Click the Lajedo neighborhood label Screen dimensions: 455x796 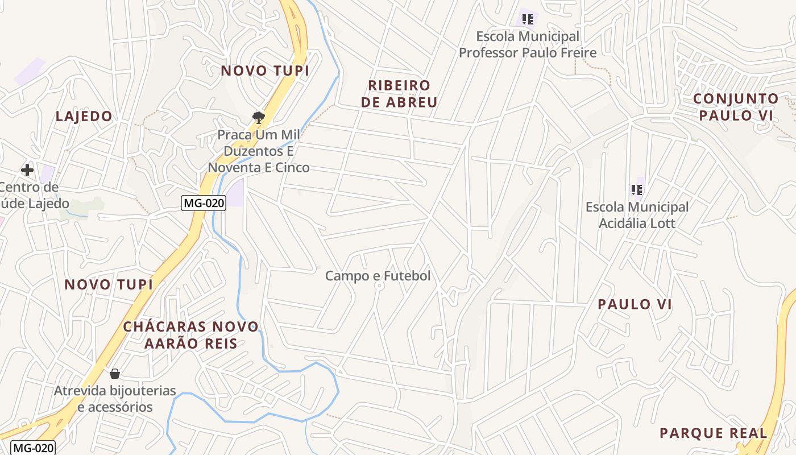84,116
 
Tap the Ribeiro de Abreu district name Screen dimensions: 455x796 403,94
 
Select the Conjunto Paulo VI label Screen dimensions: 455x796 736,107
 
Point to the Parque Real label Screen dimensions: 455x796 713,433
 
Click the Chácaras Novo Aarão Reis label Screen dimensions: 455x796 191,335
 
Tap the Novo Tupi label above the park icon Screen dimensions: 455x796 265,71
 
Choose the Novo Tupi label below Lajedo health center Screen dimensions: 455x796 109,284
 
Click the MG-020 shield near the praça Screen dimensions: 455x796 204,202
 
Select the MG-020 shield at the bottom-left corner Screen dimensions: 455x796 34,448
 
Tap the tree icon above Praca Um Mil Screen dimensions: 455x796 259,118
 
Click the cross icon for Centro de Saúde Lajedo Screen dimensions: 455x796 27,170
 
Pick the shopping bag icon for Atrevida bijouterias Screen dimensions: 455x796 115,374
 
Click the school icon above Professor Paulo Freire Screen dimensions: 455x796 528,20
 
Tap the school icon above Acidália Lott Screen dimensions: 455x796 636,190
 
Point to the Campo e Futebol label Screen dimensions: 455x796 378,276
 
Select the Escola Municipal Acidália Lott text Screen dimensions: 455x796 637,215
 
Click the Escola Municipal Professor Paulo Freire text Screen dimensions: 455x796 528,44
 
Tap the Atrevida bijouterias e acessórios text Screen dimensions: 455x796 115,399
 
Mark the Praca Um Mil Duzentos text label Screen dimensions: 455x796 259,151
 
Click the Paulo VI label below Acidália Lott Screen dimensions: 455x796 635,304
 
